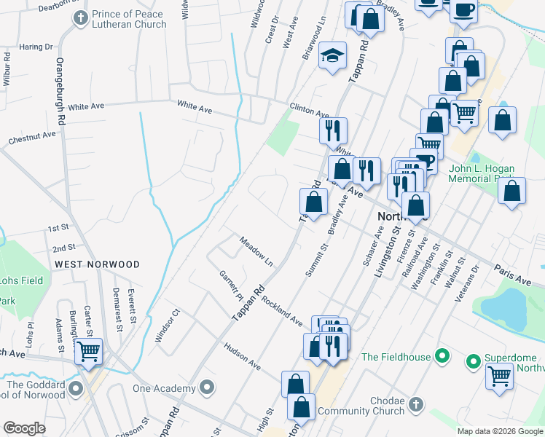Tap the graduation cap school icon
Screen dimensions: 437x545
(332, 56)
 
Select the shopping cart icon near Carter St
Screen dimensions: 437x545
(89, 351)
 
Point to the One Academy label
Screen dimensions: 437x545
(164, 388)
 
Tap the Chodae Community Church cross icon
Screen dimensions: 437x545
(415, 403)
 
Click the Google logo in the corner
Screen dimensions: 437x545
(25, 428)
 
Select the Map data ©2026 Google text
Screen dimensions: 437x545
(500, 431)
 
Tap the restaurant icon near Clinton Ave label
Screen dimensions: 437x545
(333, 130)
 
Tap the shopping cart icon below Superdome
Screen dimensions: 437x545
(499, 377)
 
